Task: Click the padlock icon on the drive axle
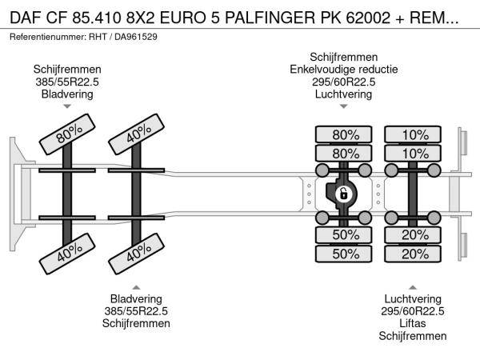[x=342, y=194]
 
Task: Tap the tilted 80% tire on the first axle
[x=71, y=138]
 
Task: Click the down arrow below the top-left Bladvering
[x=67, y=105]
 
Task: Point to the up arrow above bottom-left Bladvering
[x=136, y=287]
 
